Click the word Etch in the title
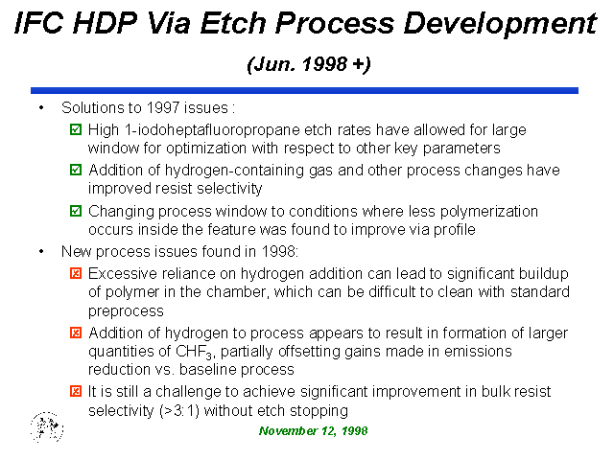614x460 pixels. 233,23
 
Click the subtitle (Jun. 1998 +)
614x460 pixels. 309,64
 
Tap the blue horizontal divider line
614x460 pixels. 304,90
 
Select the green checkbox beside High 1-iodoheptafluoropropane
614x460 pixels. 76,129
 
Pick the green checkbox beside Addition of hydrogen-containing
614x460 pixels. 76,170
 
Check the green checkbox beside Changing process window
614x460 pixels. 76,211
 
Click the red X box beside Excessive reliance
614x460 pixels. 76,273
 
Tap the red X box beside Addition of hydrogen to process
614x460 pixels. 76,333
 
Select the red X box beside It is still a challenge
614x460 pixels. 76,391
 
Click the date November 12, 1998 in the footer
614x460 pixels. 314,431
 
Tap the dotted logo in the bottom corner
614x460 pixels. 47,426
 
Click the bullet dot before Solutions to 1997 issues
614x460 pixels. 41,108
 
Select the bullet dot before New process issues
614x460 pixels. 41,251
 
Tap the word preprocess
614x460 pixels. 126,311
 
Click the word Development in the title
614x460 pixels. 500,23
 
